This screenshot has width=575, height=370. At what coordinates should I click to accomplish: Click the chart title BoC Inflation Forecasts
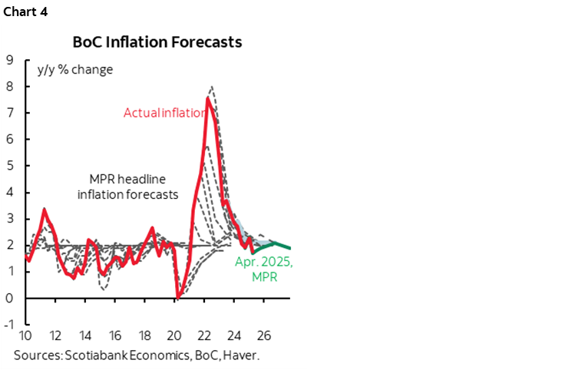coord(157,42)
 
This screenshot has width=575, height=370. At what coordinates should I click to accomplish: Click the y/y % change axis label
coord(74,69)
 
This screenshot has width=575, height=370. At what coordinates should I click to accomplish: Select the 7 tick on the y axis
coord(10,112)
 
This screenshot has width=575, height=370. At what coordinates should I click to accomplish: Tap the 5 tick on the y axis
coord(10,165)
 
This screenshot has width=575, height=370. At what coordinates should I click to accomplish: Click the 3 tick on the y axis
coord(10,218)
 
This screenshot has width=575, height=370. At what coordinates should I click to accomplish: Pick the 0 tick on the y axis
coord(10,297)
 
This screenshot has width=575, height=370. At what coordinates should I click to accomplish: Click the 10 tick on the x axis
coord(26,336)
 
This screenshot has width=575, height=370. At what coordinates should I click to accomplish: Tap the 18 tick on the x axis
coord(145,336)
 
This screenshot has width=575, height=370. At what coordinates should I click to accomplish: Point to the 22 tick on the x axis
coord(205,336)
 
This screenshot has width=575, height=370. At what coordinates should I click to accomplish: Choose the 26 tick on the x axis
coord(264,336)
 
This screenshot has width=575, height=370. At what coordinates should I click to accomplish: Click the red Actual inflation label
coord(165,113)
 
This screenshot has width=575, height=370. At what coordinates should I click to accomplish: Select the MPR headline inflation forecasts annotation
coord(127,187)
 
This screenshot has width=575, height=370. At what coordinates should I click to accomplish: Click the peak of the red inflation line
coord(208,98)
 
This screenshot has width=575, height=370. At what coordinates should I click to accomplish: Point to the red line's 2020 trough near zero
coord(177,296)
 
